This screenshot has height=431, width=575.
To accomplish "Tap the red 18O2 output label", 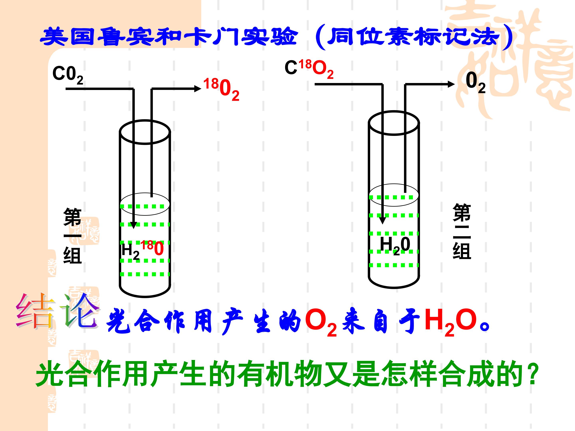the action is [221, 89].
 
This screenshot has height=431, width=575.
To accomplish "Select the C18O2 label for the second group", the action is [309, 69].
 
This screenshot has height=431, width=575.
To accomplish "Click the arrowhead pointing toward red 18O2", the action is [198, 89].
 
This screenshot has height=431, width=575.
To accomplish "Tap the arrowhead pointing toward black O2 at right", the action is [451, 84].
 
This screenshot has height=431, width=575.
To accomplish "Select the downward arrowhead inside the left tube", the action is [133, 225].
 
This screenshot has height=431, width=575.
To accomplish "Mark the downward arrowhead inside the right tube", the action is [382, 220].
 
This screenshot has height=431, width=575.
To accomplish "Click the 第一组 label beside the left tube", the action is [72, 235].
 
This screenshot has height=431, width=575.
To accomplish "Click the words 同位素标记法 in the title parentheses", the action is [413, 37].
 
